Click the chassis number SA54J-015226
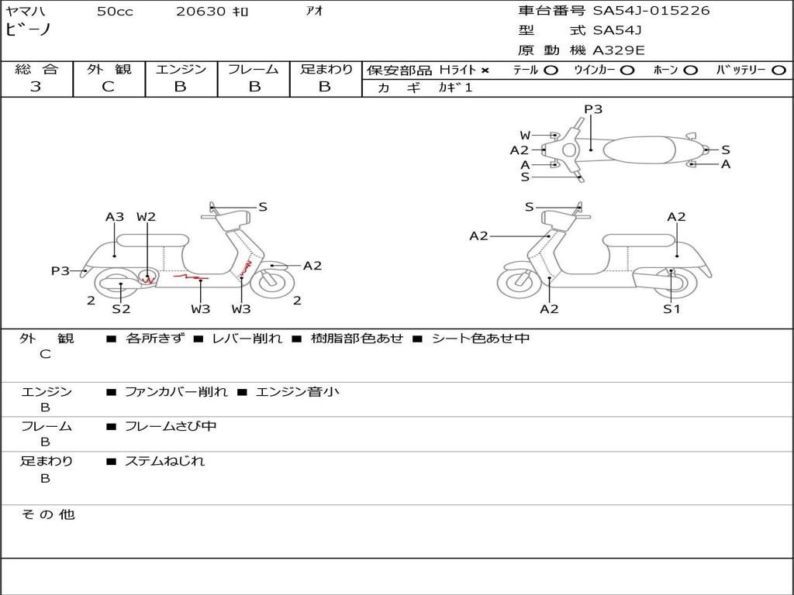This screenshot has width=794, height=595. (651, 11)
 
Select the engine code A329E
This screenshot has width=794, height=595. (619, 50)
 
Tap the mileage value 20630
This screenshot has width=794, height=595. (201, 12)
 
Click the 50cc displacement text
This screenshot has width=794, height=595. (115, 12)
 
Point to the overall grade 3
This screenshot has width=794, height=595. (36, 87)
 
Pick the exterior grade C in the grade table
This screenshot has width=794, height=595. (109, 87)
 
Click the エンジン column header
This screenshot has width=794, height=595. (181, 70)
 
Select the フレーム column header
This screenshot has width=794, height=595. (253, 70)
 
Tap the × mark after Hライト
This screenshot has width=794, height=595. (485, 71)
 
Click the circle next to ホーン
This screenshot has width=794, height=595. (691, 71)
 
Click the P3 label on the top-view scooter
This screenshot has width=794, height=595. (593, 109)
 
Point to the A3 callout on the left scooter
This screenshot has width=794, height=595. (115, 217)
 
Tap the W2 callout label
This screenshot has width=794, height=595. (147, 217)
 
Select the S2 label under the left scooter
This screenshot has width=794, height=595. (121, 309)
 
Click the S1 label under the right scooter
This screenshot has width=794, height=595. (671, 309)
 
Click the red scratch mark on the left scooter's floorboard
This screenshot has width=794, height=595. (191, 276)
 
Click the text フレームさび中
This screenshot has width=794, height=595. (171, 426)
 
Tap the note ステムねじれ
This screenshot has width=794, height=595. (164, 461)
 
